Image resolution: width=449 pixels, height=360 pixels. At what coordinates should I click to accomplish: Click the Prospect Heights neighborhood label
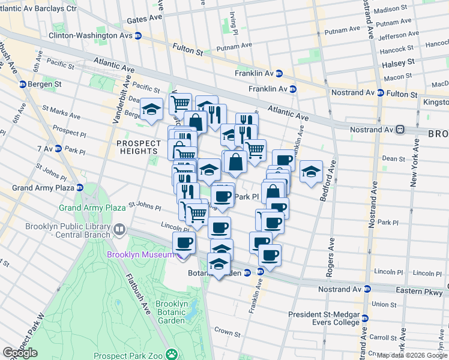(x=139, y=147)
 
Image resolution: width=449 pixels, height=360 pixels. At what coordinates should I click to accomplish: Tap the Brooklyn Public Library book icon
(x=119, y=230)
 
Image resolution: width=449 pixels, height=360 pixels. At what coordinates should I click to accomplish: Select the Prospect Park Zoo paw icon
(x=172, y=353)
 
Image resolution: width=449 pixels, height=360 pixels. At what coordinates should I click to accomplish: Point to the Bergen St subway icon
(x=23, y=85)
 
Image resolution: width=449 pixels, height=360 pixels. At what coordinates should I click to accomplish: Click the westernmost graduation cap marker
(x=151, y=109)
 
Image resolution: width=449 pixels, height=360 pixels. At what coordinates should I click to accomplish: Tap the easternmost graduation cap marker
(x=311, y=171)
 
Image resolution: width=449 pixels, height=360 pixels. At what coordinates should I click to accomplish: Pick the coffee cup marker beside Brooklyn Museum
(x=184, y=242)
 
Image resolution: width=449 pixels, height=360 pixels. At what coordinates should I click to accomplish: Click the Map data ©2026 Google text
(x=412, y=355)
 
